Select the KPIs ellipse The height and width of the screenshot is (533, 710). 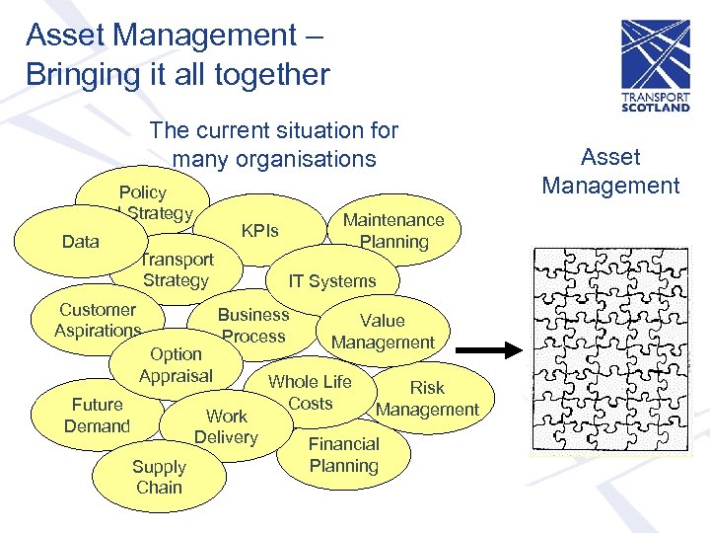click(x=260, y=232)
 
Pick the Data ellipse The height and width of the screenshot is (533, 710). click(x=80, y=242)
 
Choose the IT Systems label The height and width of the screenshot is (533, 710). click(x=332, y=281)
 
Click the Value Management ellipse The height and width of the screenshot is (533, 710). click(x=384, y=332)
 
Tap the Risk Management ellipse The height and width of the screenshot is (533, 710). click(x=427, y=399)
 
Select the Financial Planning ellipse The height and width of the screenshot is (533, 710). click(x=343, y=455)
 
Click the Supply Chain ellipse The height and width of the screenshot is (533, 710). click(x=159, y=477)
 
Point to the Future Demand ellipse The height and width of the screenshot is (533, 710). click(x=97, y=416)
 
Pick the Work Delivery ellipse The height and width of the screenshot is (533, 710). click(x=226, y=426)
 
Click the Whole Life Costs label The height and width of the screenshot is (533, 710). click(x=311, y=392)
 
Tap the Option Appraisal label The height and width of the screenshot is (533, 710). click(x=176, y=364)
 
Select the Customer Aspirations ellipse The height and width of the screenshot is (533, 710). click(x=98, y=320)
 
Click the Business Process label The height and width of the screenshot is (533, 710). click(x=253, y=325)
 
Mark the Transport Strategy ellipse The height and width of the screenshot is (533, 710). click(x=177, y=269)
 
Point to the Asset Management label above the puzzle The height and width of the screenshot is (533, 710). click(x=610, y=171)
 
